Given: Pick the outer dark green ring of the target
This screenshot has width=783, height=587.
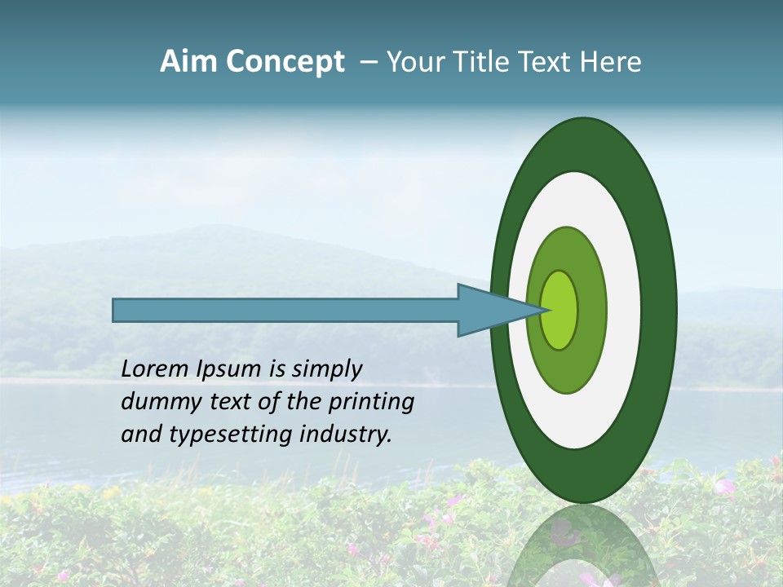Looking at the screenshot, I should (x=659, y=310).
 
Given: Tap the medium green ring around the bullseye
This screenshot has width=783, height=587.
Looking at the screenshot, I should (x=591, y=326).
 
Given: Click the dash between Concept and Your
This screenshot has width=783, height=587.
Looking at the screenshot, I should (x=368, y=62).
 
